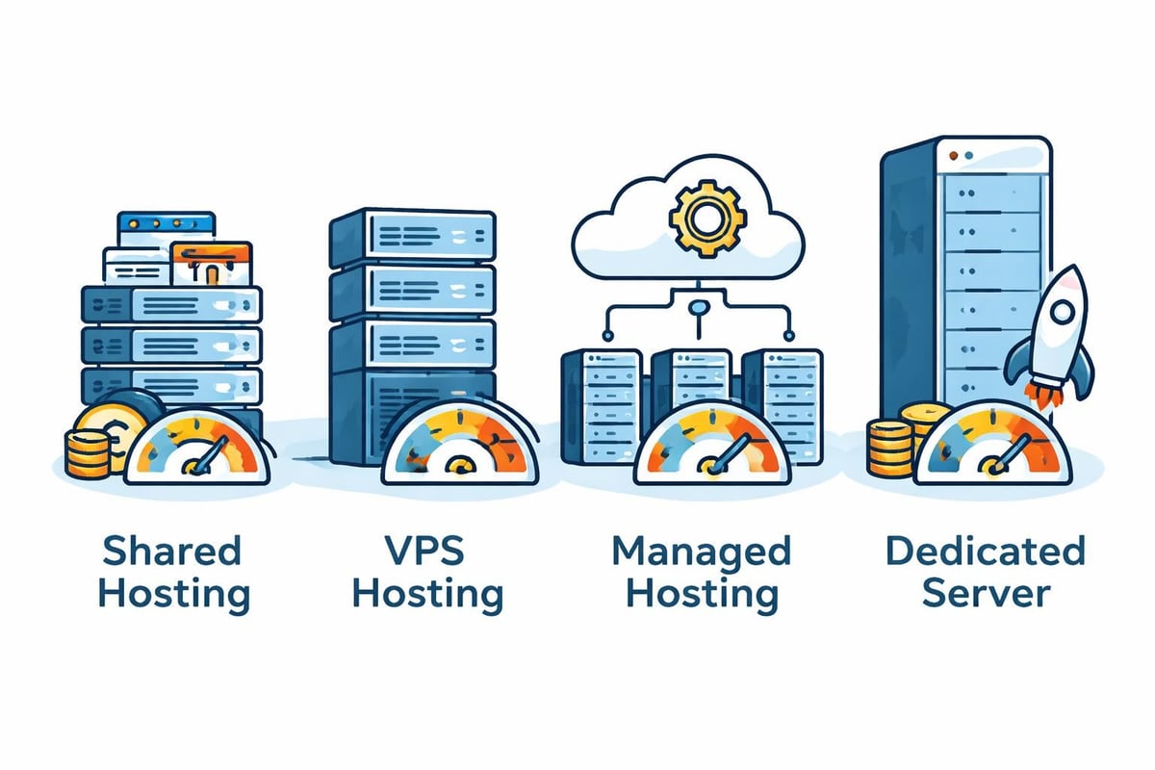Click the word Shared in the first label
[171, 552]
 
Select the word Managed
[701, 552]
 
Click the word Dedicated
[985, 552]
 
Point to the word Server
[985, 593]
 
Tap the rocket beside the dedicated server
[1051, 332]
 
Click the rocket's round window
[1062, 312]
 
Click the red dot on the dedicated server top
[952, 154]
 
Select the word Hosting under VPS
[427, 593]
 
